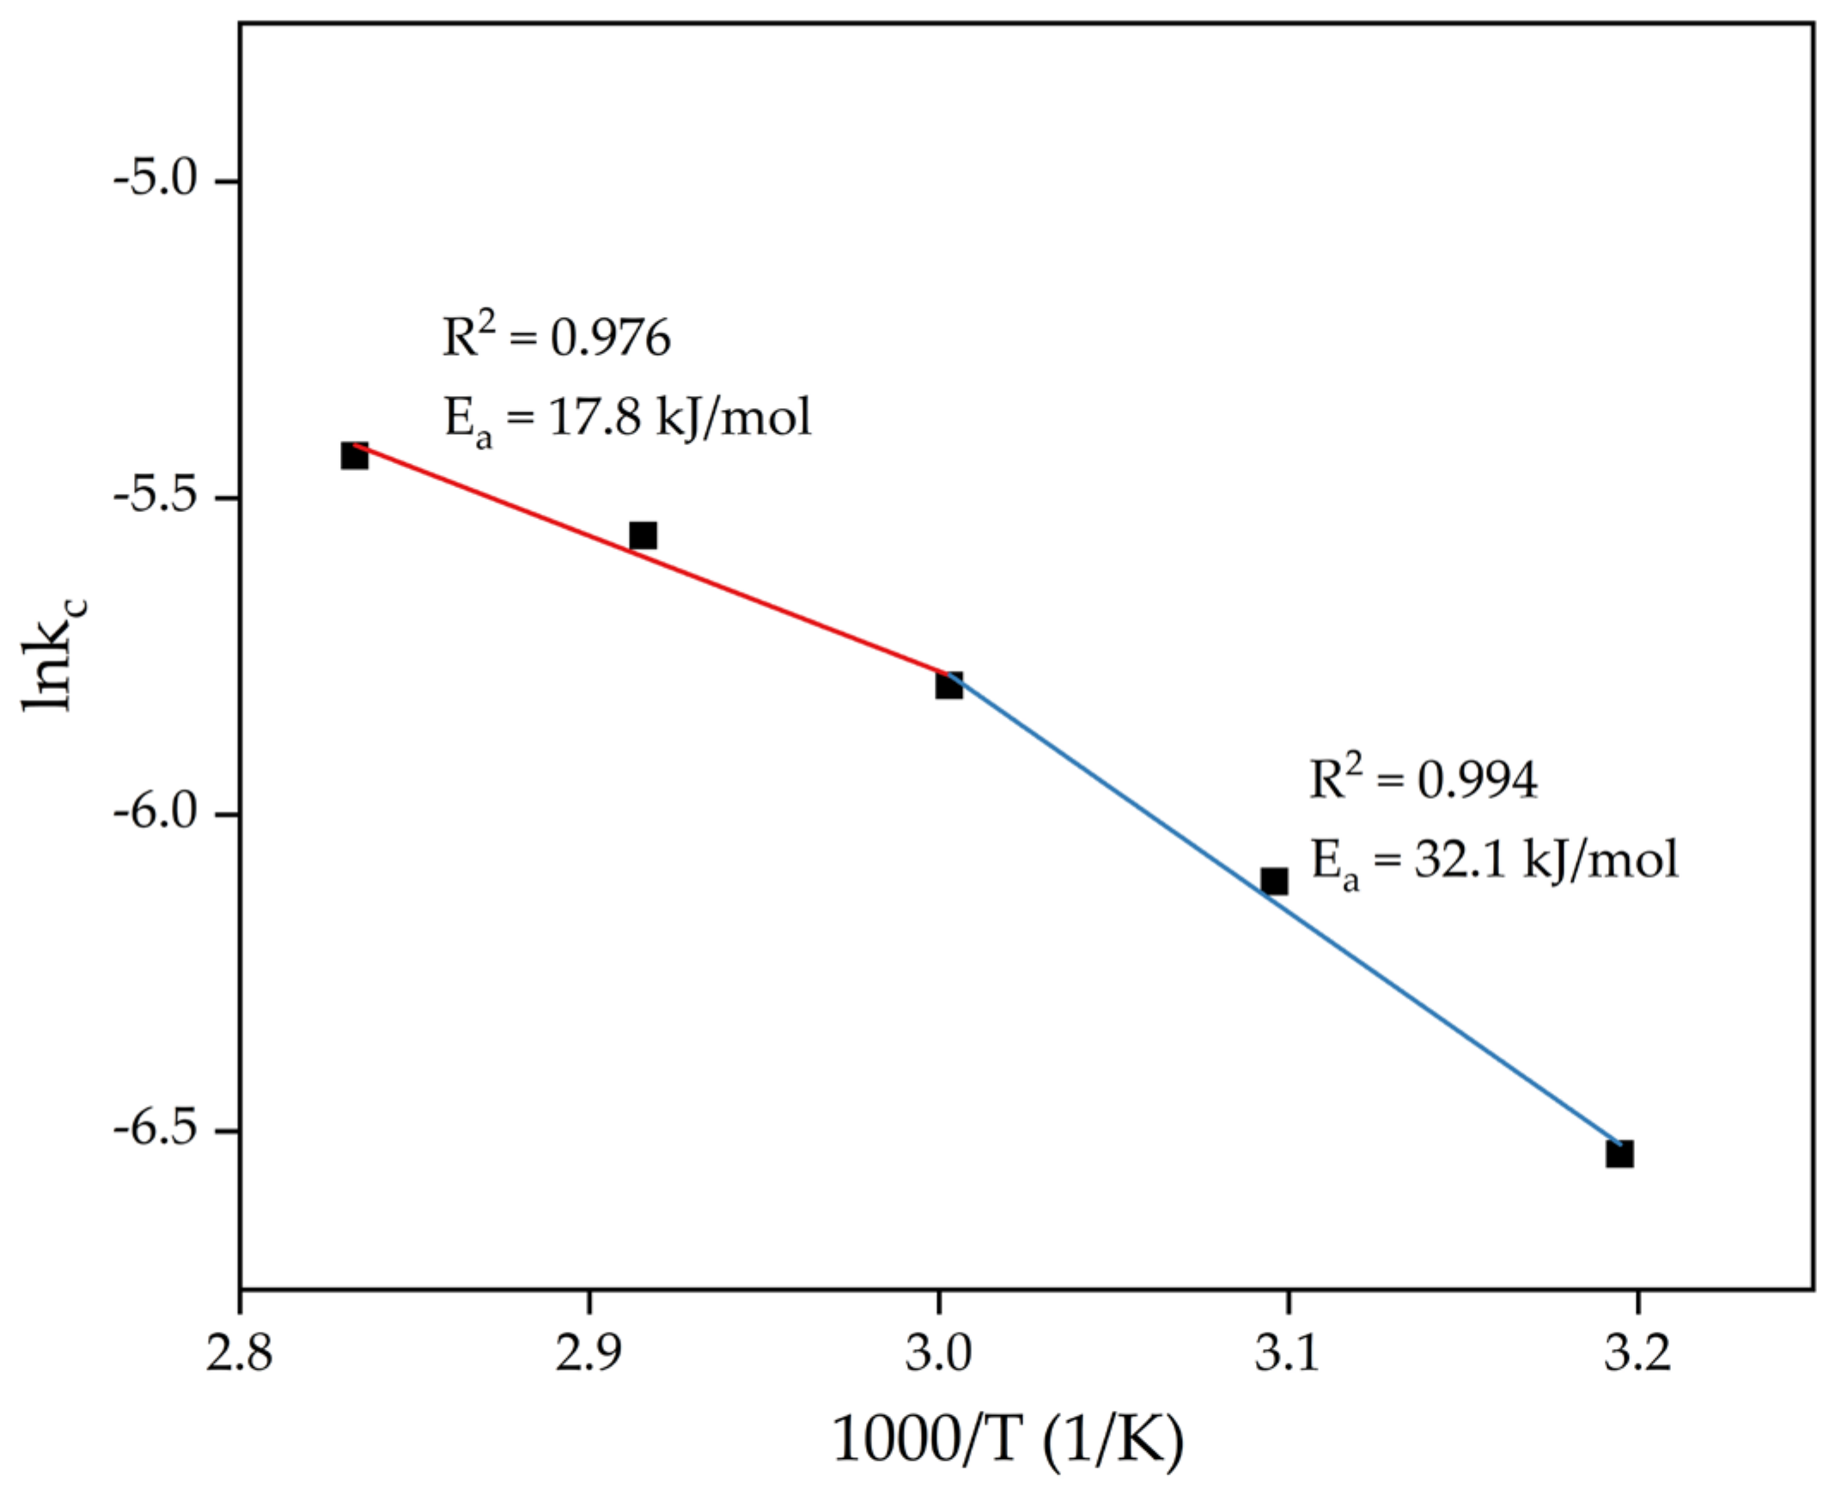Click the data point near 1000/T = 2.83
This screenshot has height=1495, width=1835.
coord(354,455)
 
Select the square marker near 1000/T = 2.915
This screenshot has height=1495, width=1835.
coord(643,534)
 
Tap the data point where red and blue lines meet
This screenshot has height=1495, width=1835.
coord(949,686)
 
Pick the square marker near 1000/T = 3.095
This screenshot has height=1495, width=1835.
coord(1273,881)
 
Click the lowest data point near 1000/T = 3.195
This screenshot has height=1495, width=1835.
coord(1619,1154)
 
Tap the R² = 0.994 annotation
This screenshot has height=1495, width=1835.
coord(1423,779)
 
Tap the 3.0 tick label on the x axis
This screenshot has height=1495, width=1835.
coord(938,1354)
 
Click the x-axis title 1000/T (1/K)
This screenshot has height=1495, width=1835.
coord(1008,1440)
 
